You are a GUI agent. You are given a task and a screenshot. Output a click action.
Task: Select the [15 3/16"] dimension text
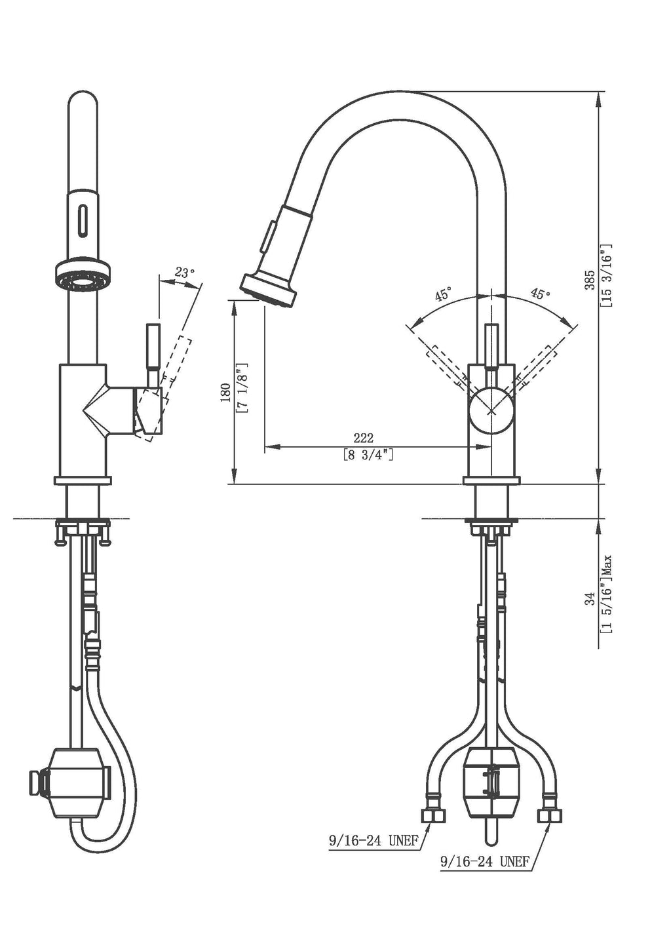point(606,275)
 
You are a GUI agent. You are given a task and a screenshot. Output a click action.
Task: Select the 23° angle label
point(185,273)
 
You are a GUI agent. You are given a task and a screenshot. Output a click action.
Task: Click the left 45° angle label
point(443,295)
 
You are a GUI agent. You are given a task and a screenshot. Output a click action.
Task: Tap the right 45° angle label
point(540,294)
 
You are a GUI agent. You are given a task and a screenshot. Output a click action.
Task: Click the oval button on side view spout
point(82,220)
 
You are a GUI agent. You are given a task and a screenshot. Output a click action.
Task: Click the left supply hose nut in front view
point(432,815)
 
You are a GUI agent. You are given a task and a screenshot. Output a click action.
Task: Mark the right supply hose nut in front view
point(550,815)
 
